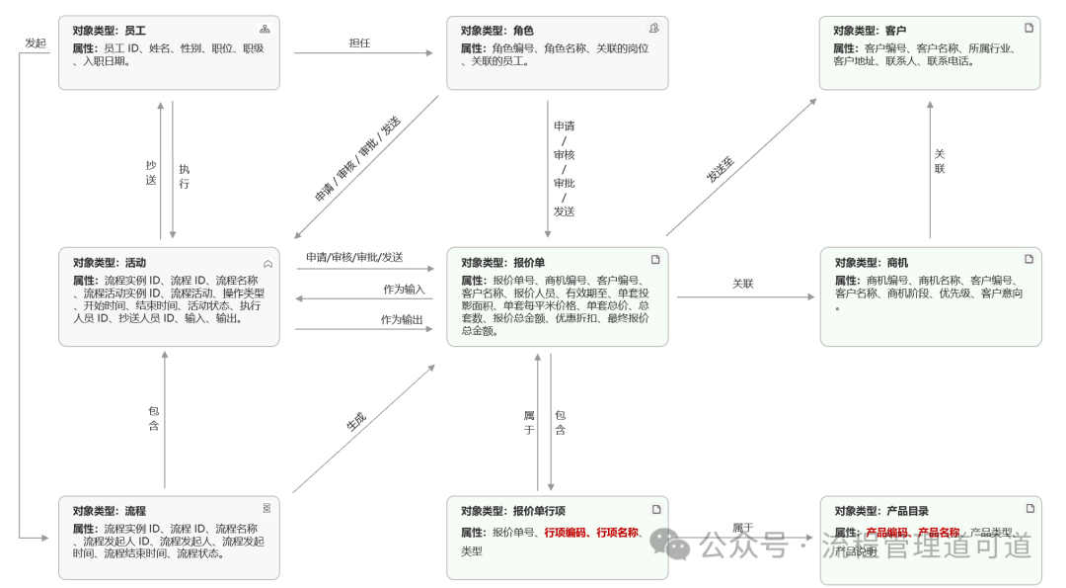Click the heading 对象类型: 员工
109,31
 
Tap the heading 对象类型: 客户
869,31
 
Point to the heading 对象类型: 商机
872,263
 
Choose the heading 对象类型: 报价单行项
512,511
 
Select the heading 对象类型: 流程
109,511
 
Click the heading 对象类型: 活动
109,263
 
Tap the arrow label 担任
359,43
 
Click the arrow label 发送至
721,169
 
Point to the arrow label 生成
355,421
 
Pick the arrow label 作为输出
402,320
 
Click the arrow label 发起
36,43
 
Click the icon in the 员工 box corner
265,30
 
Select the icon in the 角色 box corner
653,29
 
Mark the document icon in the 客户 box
1028,28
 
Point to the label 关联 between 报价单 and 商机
743,284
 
